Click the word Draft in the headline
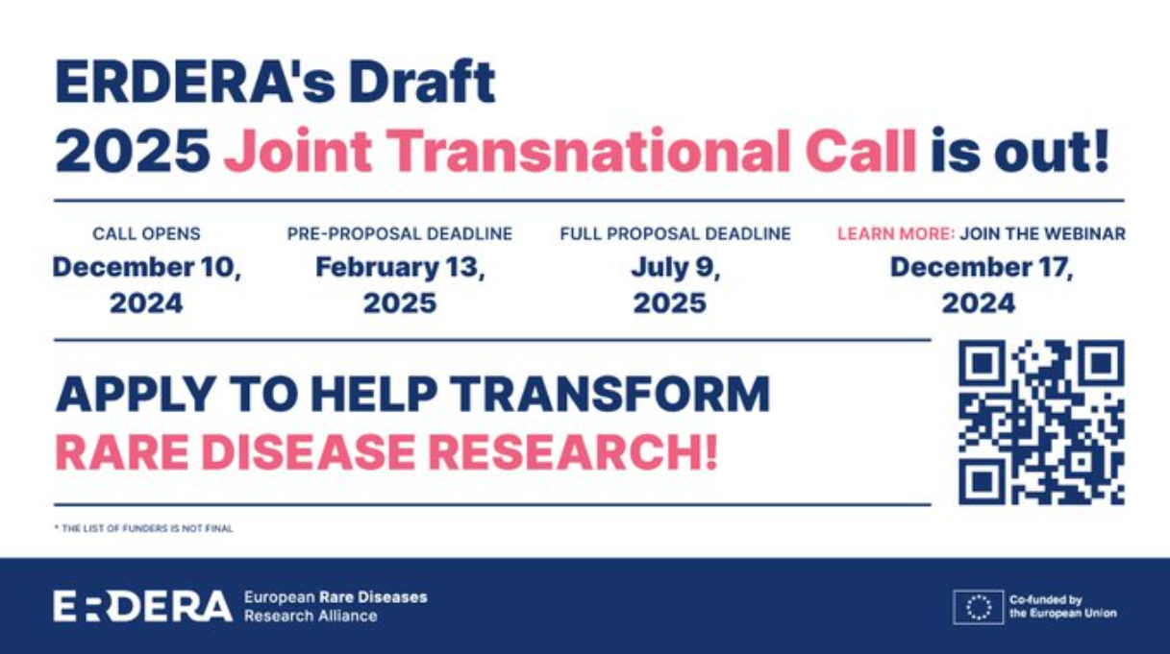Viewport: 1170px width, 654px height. pos(422,82)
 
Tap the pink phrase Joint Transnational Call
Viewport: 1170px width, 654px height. pos(570,151)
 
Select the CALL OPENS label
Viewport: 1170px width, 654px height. pos(146,233)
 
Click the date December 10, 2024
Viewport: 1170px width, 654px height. pos(147,285)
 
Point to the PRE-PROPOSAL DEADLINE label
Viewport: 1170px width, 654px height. pos(400,233)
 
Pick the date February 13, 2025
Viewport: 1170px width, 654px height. pos(400,285)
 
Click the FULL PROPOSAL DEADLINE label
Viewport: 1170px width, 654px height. pos(675,233)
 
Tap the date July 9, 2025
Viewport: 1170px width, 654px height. pos(675,285)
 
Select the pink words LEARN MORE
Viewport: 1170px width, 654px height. pos(896,233)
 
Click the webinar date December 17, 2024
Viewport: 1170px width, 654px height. pos(982,285)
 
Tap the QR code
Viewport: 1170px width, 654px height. pos(1041,423)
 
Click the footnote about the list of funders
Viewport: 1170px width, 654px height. pos(143,528)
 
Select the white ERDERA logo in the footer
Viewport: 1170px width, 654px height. pos(142,606)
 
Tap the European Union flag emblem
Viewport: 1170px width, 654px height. pos(979,607)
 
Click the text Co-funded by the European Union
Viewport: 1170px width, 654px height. pos(1063,607)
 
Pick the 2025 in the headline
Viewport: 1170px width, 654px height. pos(133,151)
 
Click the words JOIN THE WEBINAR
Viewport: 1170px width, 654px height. pos(1042,233)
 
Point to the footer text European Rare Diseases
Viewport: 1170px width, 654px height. pos(336,597)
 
